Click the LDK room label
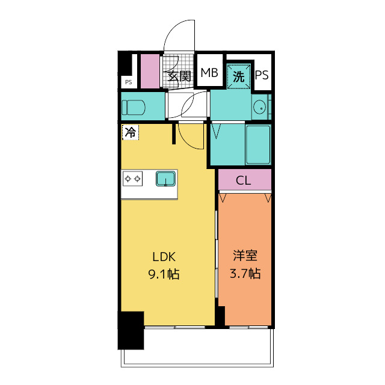164,257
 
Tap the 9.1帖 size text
164,274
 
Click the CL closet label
244,180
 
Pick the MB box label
209,74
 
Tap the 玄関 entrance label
179,76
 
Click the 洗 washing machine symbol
239,76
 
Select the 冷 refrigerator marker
130,132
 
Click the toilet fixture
133,108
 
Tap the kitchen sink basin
165,179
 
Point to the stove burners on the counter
132,179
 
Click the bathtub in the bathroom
259,144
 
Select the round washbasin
260,108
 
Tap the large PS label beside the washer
262,75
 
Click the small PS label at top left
128,82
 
